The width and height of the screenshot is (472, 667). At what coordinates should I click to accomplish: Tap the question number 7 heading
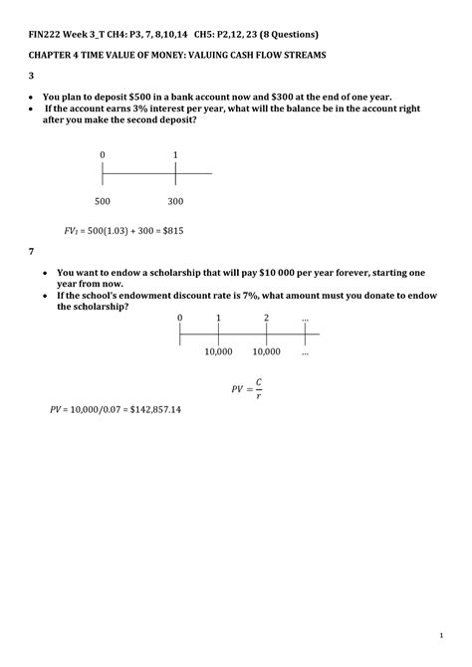click(x=31, y=252)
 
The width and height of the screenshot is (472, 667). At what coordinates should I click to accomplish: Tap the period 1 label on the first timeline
click(x=175, y=155)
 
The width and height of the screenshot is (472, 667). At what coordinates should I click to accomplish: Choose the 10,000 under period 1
click(x=218, y=351)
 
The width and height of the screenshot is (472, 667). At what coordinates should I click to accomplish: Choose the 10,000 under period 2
click(x=266, y=351)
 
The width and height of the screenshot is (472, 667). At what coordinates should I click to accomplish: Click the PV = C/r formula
click(x=246, y=386)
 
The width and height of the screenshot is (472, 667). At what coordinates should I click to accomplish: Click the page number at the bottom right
click(x=439, y=634)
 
